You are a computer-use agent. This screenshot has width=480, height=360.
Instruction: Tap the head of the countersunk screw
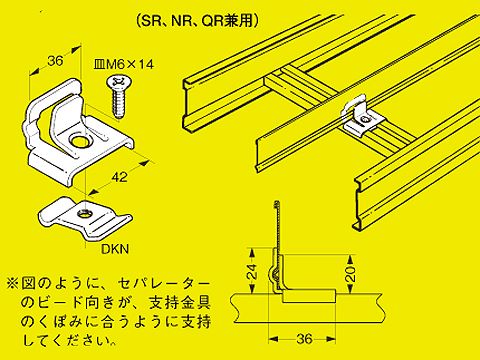[x=112, y=87]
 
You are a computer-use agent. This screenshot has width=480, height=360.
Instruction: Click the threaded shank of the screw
[x=122, y=105]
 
